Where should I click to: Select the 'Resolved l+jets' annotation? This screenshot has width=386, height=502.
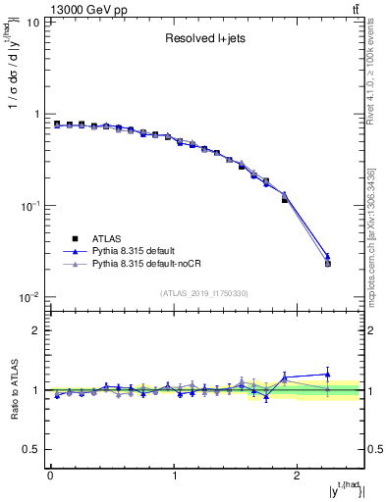tap(206, 40)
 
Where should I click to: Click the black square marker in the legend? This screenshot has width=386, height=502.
tap(74, 237)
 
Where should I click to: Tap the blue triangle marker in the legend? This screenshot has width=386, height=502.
tap(74, 251)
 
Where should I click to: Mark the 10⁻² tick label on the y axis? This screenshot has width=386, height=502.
tap(30, 297)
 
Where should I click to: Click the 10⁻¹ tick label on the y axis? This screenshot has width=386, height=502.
tap(30, 206)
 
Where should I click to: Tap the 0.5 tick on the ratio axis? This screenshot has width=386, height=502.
tap(32, 449)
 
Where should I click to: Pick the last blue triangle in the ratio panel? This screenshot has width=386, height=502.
tap(328, 374)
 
